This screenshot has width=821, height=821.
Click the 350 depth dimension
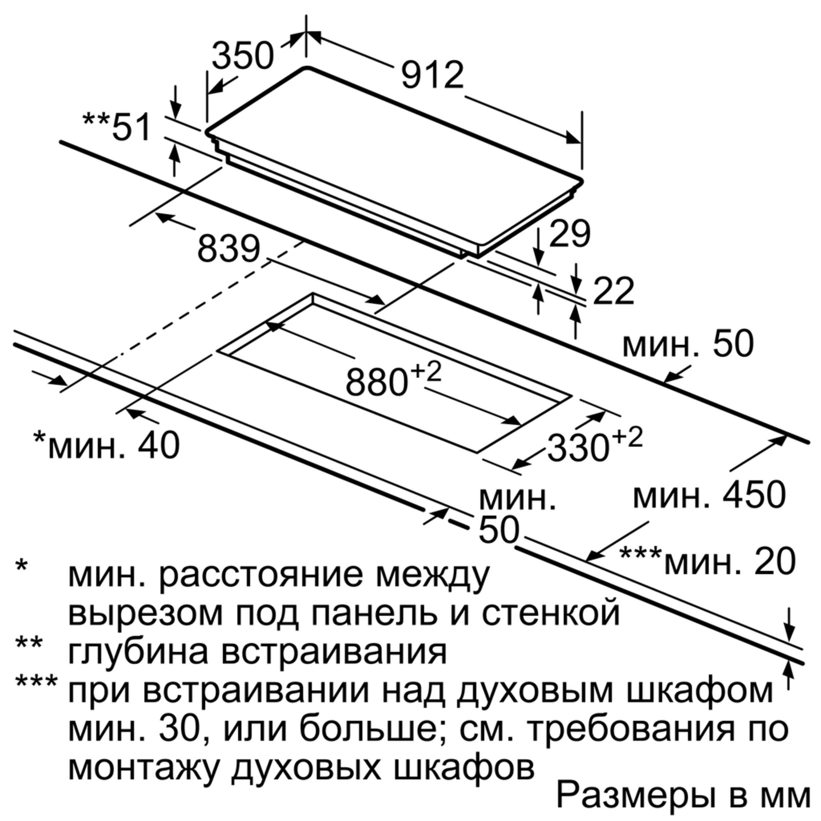pos(243,55)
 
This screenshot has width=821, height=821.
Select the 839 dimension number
pos(229,248)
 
